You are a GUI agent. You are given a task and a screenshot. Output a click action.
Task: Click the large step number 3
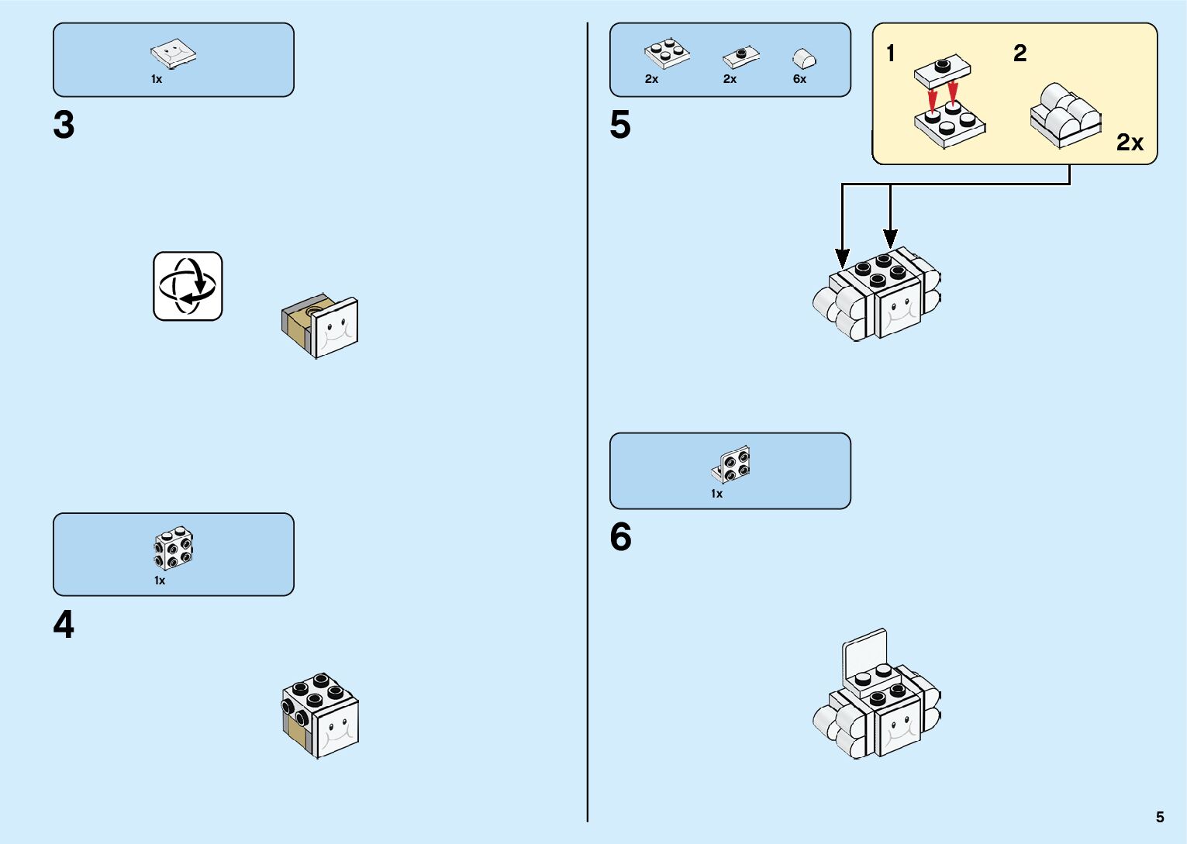[x=64, y=125]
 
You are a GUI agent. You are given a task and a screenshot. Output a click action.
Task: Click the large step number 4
[x=64, y=625]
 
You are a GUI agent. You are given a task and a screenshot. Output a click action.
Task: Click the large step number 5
[x=620, y=125]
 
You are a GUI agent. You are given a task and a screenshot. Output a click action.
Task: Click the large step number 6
[x=620, y=537]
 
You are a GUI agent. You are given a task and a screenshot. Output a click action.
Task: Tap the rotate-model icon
[x=188, y=286]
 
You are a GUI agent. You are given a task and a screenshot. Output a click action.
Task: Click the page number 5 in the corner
[x=1160, y=817]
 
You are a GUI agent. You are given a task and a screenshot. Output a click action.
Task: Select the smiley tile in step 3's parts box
[x=173, y=54]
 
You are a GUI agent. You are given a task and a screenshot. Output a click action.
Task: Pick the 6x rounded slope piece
[x=804, y=58]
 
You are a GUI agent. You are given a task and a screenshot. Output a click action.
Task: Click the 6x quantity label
[x=799, y=79]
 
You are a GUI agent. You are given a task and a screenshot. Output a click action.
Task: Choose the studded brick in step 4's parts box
[x=174, y=549]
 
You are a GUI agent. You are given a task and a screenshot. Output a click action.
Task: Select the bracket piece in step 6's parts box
[x=731, y=465]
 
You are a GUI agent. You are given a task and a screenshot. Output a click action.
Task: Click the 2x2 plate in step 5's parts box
[x=667, y=54]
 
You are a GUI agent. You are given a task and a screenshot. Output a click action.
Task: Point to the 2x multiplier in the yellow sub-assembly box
[x=1130, y=143]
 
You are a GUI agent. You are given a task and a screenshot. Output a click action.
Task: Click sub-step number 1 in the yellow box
[x=891, y=53]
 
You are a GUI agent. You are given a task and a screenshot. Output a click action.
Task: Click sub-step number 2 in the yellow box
[x=1020, y=53]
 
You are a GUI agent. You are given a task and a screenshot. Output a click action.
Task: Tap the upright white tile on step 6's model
[x=865, y=653]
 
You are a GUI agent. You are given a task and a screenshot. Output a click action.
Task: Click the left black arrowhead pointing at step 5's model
[x=843, y=258]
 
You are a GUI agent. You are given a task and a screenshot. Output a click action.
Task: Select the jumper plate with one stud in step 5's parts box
[x=741, y=57]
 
